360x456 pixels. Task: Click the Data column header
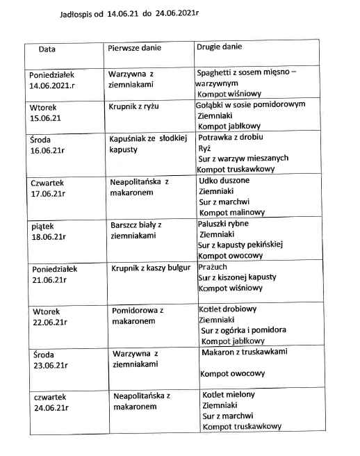point(47,49)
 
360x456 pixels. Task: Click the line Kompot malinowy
point(233,212)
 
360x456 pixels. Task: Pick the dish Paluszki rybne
point(223,223)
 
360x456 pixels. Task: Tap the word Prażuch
point(213,267)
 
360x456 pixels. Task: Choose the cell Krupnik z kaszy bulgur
point(150,268)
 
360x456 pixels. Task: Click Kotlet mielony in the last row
point(228,395)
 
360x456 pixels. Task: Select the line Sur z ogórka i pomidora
point(244,330)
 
